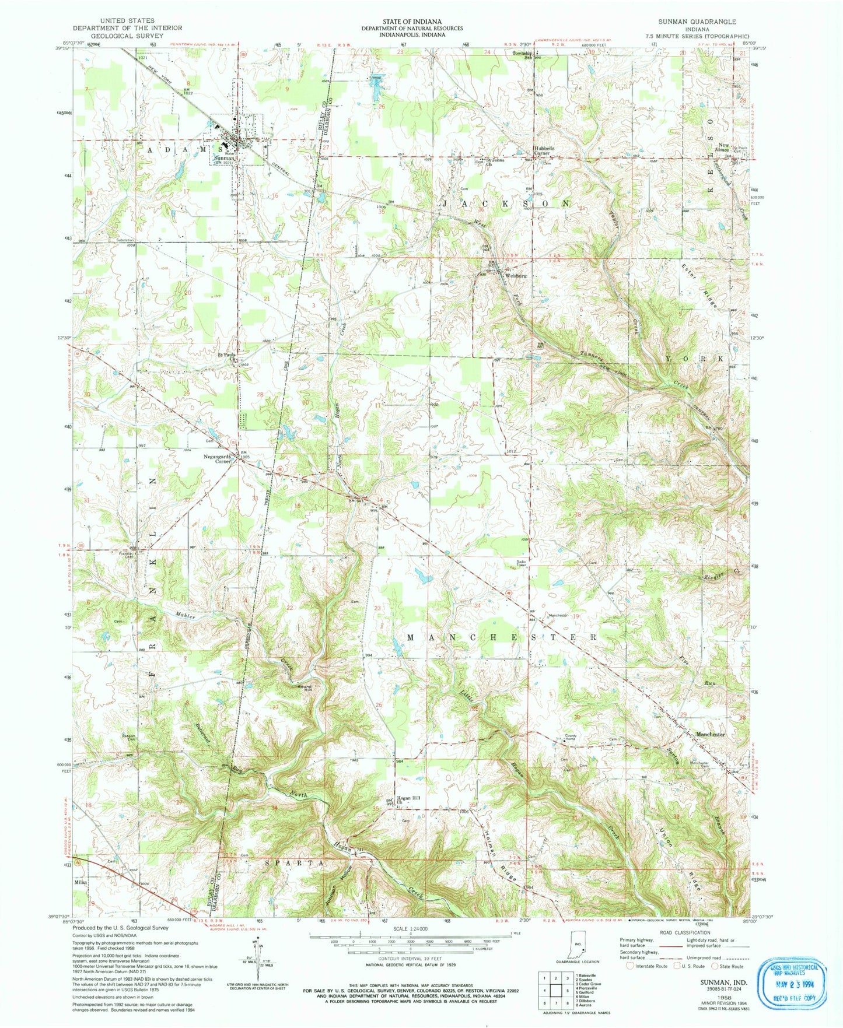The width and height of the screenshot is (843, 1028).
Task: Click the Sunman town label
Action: (224, 158)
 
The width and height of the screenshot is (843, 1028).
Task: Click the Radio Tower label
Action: (522, 563)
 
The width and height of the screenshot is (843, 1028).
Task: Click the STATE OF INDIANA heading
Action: (411, 20)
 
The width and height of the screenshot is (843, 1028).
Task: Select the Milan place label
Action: (81, 883)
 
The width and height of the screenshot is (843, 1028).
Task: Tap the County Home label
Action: (570, 738)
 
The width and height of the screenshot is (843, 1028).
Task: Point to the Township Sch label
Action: (522, 55)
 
